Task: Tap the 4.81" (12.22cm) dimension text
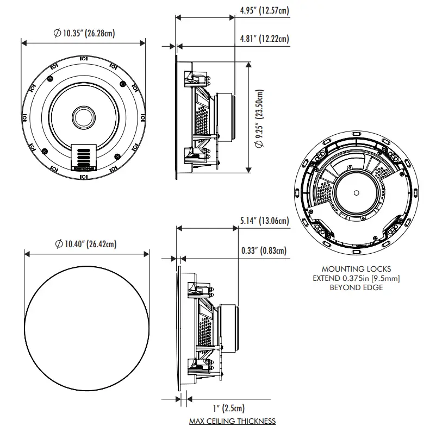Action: (264, 39)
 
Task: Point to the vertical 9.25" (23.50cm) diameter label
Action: (259, 118)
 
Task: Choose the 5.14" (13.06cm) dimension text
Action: (264, 221)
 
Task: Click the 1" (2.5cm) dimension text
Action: (228, 408)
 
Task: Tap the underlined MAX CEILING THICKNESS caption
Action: (232, 421)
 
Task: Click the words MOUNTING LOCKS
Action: (356, 269)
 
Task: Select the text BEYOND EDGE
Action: (356, 287)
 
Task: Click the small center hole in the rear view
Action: (356, 192)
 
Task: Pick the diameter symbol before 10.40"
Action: (58, 244)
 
